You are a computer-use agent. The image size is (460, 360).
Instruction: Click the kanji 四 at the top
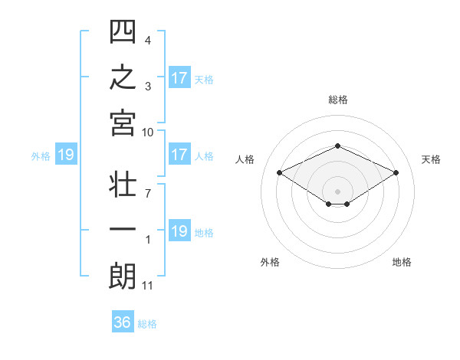(123, 31)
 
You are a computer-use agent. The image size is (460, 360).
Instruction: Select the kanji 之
(123, 77)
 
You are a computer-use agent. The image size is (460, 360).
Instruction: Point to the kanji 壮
(123, 184)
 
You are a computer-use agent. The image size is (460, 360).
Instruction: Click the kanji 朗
(122, 276)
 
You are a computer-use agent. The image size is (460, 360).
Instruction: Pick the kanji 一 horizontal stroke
(123, 229)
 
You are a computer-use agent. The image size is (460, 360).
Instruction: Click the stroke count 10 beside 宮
(147, 133)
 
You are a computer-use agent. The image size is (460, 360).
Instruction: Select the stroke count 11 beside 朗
(147, 286)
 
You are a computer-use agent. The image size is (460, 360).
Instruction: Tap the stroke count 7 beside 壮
(148, 194)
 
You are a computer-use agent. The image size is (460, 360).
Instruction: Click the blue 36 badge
(123, 321)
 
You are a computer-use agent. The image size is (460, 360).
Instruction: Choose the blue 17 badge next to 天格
(179, 77)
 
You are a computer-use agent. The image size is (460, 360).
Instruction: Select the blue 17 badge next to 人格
(179, 154)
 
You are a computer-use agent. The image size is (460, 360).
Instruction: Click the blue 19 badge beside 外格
(66, 154)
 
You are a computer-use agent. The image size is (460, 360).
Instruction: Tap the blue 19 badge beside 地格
(179, 230)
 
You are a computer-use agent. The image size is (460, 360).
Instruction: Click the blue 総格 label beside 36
(147, 324)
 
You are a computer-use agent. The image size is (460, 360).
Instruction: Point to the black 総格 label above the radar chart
(338, 100)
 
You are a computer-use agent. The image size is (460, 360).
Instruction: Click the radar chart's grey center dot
(337, 191)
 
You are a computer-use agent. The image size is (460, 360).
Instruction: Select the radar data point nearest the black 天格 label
(396, 172)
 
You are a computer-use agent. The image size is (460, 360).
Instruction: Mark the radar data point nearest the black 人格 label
(280, 172)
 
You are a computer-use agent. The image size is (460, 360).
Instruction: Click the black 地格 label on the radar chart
(402, 262)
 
